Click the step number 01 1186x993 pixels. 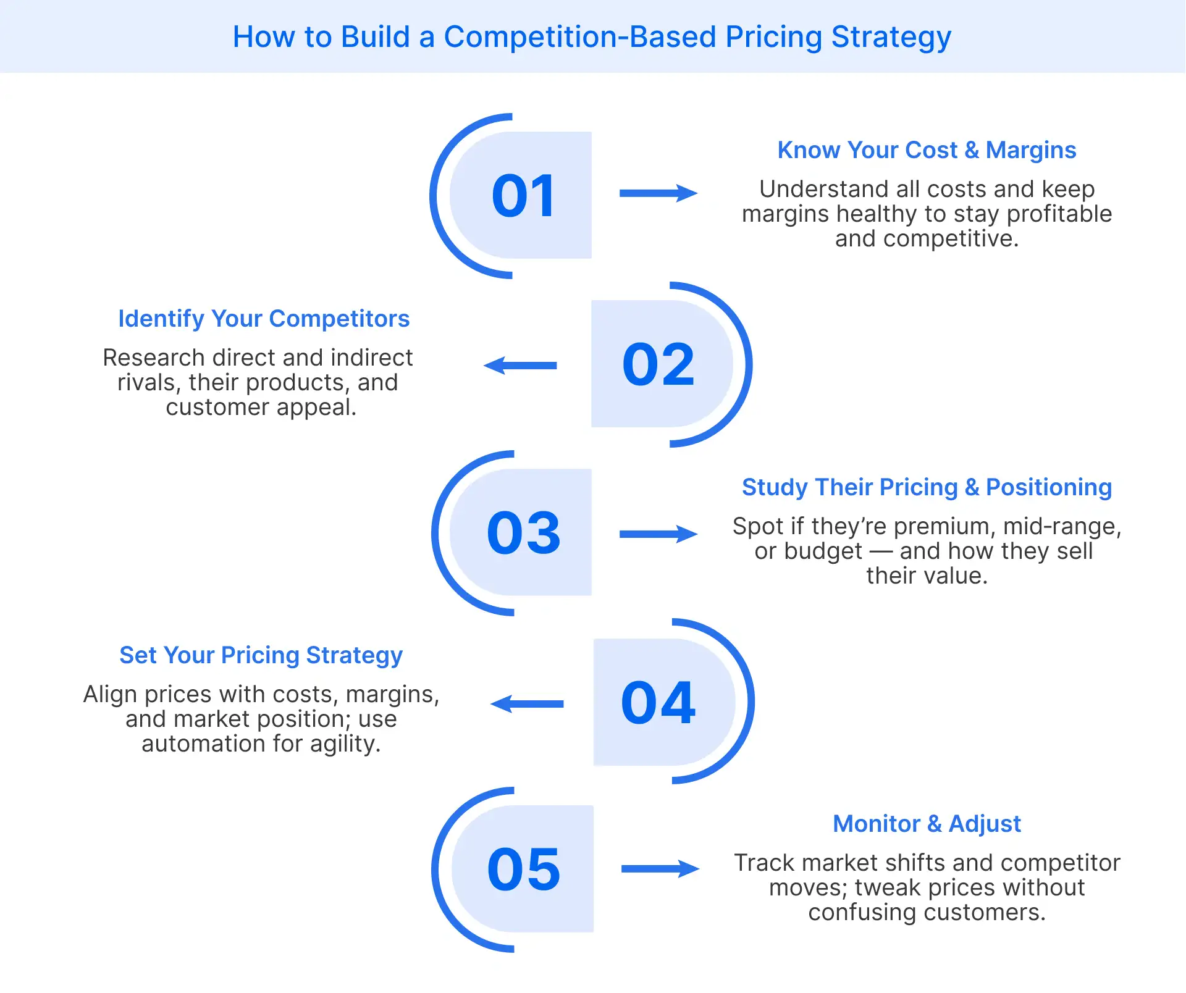[524, 196]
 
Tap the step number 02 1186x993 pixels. [658, 364]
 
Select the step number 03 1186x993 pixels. [524, 533]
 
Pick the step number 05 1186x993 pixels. [524, 869]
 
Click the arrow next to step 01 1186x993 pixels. [658, 193]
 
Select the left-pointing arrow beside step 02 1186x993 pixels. [520, 366]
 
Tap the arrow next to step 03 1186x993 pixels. [658, 534]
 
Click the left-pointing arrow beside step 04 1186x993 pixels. [527, 704]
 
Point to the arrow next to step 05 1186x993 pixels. [660, 869]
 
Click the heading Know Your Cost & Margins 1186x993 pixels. [927, 150]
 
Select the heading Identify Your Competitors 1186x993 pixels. [264, 319]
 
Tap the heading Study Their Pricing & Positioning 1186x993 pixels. [927, 487]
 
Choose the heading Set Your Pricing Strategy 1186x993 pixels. [261, 655]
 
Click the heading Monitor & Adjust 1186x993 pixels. [927, 824]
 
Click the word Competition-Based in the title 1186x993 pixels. [580, 37]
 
